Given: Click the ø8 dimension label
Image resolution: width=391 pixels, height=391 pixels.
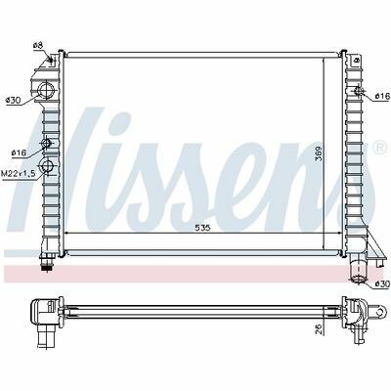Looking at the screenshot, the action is pos(38,46).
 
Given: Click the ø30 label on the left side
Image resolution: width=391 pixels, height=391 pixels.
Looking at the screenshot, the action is pos(13,101).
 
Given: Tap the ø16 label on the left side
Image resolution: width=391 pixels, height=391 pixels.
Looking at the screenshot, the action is pos(19,152).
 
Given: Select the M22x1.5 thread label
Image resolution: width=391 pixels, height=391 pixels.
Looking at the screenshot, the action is pos(18,174).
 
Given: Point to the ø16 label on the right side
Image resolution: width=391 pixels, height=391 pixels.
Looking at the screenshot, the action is pos(382,96).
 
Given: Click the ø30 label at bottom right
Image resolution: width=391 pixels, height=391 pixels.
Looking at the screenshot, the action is pos(382,283).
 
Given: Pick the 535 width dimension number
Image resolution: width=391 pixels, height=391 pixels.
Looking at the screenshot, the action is pos(203,228).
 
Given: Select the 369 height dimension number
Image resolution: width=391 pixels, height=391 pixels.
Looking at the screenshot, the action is pos(319,152).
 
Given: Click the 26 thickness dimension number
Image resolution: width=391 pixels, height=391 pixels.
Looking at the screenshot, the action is pos(320,329).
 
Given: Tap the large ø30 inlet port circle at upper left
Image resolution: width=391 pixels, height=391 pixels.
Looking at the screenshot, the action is pos(46,91).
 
